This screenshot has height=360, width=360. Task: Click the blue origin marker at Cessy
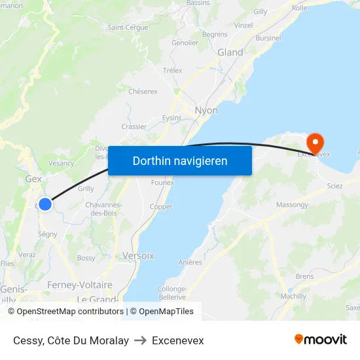tap(45, 204)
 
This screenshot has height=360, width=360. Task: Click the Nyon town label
tap(206, 111)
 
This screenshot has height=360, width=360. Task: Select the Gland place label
tap(230, 52)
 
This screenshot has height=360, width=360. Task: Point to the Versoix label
tap(138, 256)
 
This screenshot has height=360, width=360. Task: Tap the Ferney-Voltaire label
tap(80, 285)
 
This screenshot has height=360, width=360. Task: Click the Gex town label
tap(33, 178)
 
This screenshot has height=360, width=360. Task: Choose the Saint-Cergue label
tap(127, 27)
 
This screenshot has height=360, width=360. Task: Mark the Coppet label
tap(161, 207)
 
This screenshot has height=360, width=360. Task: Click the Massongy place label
tap(292, 205)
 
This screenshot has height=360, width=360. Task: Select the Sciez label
tap(334, 187)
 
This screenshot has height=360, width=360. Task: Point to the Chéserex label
tap(143, 92)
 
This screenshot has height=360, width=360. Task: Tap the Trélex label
tap(172, 70)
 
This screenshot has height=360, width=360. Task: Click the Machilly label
tap(293, 296)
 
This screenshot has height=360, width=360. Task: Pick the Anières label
tap(190, 262)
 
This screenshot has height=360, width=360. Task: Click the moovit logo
tap(321, 340)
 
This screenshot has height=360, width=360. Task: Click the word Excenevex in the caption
tap(177, 340)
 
